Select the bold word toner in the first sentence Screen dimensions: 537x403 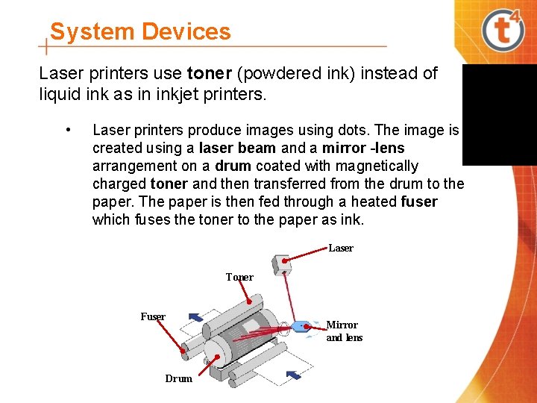pos(210,74)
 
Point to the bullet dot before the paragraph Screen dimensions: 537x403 pos(69,131)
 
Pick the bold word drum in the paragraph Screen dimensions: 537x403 pos(233,166)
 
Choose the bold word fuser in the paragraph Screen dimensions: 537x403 pos(419,201)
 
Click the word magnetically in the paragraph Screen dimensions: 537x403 pos(375,166)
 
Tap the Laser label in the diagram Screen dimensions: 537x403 pos(341,248)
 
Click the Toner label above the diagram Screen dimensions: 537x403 pos(239,277)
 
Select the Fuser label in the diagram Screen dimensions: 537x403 pos(153,316)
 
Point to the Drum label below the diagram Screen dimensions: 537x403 pos(178,378)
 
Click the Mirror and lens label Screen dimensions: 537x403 pos(344,331)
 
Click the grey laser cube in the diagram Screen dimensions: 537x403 pos(282,264)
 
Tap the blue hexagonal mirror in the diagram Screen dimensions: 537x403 pos(301,326)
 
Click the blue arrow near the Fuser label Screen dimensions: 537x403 pos(195,317)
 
